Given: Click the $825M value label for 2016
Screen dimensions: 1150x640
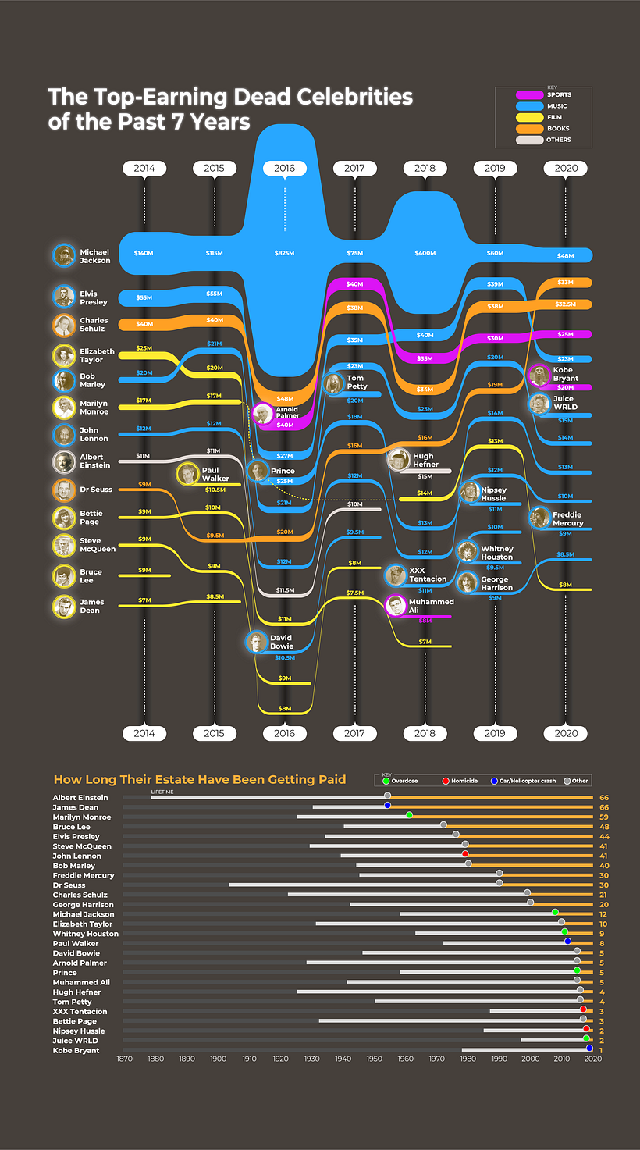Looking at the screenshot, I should point(284,253).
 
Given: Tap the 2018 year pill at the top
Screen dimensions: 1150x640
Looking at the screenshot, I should point(425,168).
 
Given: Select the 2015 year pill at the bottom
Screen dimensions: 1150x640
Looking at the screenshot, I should point(214,733).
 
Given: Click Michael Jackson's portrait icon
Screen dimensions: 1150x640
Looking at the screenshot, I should point(64,256).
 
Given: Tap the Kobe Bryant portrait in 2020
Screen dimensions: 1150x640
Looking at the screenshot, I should point(539,376).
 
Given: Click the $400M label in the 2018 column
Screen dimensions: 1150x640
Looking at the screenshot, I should point(425,253).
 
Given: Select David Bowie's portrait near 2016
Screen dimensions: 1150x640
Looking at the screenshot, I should point(255,642).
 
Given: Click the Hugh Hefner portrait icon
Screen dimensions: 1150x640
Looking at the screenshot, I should point(399,460).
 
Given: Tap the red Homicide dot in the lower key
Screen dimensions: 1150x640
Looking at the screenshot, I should point(446,781).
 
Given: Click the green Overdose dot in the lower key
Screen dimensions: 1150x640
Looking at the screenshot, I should point(386,781).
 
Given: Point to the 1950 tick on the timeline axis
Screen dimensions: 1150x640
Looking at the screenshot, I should point(374,1059).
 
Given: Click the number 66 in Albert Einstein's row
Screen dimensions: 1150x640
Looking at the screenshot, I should point(603,798).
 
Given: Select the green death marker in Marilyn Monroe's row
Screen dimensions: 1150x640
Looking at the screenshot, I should point(409,815).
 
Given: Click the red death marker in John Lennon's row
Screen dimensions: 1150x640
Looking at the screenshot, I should point(465,854).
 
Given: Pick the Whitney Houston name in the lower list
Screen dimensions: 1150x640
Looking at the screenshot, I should point(86,934).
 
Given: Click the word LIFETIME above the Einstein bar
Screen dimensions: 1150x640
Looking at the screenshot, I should point(162,792).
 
